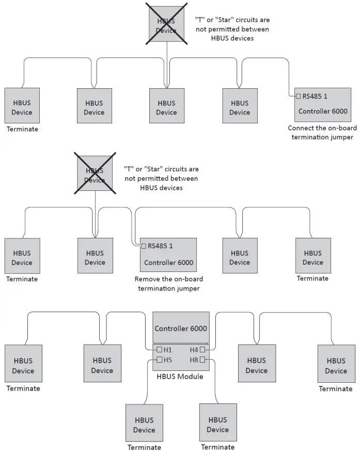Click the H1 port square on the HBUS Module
click(x=160, y=350)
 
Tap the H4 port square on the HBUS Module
click(x=203, y=350)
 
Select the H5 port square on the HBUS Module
click(x=160, y=360)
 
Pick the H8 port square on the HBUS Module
click(x=203, y=360)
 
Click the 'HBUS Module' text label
click(x=180, y=377)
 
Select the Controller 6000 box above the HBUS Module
click(x=181, y=328)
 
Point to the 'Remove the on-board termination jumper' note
click(x=169, y=284)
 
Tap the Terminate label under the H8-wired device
click(x=218, y=447)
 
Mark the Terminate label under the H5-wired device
click(x=144, y=447)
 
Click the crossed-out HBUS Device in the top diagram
click(x=166, y=26)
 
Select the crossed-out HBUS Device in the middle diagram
click(x=95, y=175)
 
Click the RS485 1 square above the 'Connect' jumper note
click(x=298, y=96)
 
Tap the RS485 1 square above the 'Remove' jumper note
click(x=144, y=246)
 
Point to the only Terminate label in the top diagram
click(x=22, y=129)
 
